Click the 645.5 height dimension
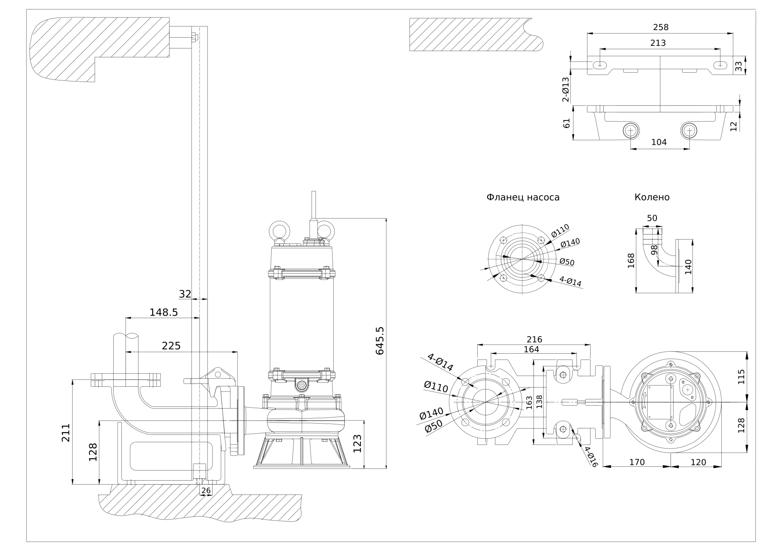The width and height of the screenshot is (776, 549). point(379,341)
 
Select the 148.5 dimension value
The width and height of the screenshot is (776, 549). point(163,312)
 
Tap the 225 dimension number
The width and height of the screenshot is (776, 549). point(171,346)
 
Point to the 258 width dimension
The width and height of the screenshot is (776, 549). point(661,27)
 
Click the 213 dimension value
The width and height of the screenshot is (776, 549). point(658,43)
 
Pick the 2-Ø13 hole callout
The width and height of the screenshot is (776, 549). point(566,89)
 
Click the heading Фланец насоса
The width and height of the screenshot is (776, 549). point(523,197)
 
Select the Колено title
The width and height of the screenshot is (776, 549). point(652,197)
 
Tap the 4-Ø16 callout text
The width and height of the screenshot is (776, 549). point(591,457)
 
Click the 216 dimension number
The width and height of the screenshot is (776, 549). point(534,339)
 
